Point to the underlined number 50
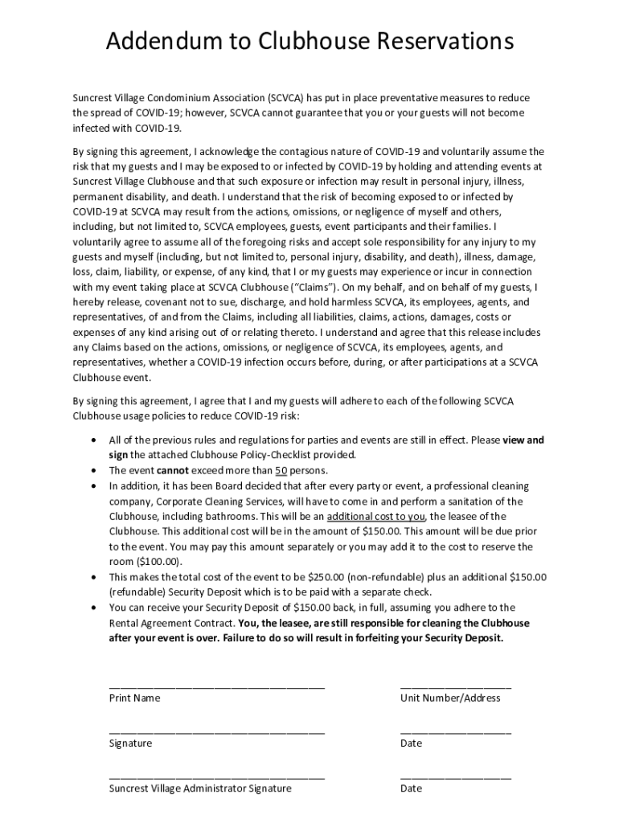point(281,471)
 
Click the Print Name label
point(134,698)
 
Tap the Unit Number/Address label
point(450,698)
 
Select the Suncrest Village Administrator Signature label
point(200,788)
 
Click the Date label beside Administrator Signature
point(411,788)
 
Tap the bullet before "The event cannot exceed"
point(96,471)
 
